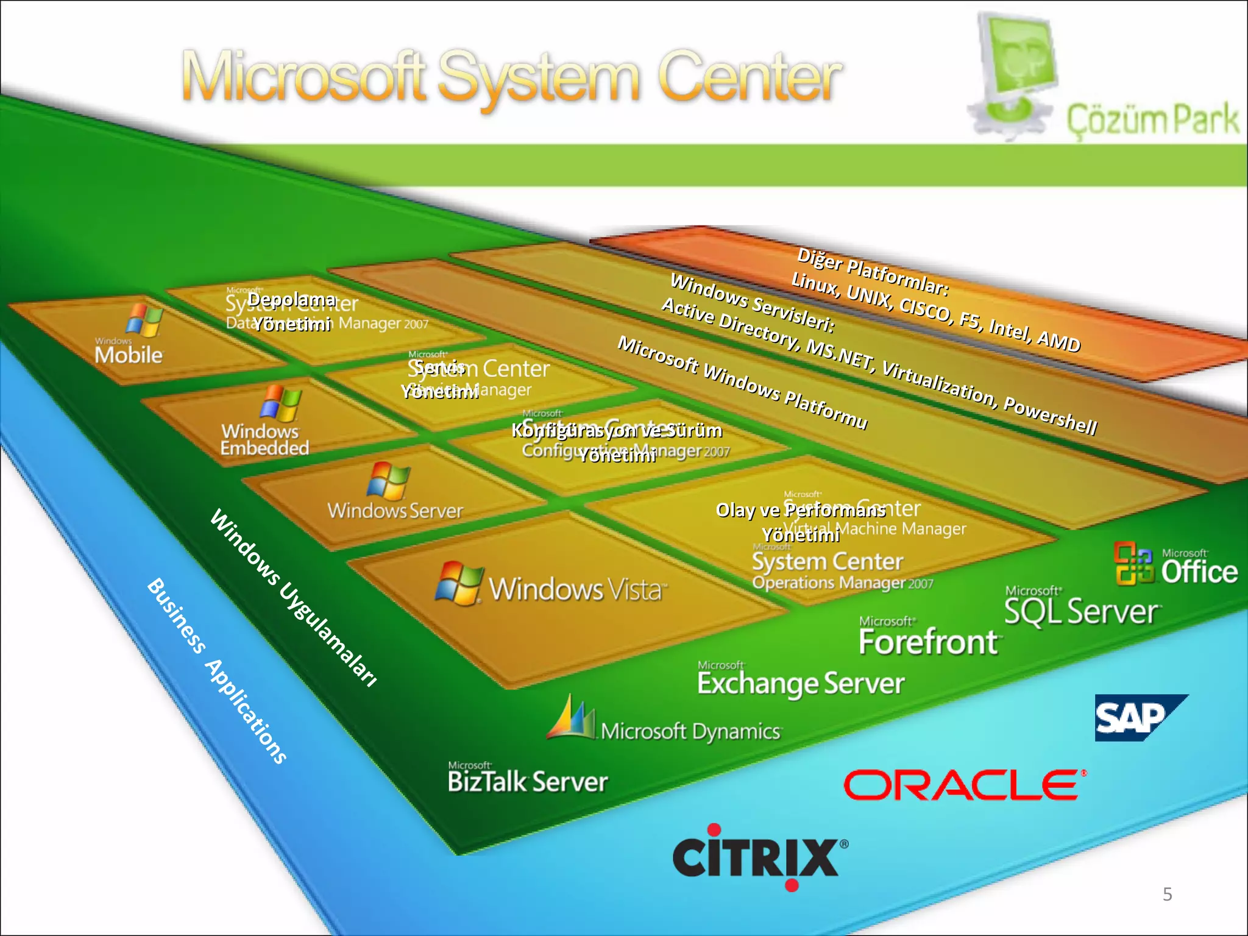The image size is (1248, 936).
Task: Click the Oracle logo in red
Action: coord(962,784)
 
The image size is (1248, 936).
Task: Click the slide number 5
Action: coord(1167,894)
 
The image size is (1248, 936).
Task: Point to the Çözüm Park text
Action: coord(1152,119)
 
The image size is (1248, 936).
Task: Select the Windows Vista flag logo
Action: coord(458,583)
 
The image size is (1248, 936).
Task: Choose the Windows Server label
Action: coord(395,510)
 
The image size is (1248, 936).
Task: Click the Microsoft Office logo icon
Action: coord(1133,564)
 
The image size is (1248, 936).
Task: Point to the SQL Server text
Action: coord(1082,611)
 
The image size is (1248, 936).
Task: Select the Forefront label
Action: coord(927,642)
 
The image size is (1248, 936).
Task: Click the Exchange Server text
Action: coord(801,683)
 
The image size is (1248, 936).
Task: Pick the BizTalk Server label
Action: coord(528,781)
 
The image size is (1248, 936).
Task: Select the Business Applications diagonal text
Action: coord(217,670)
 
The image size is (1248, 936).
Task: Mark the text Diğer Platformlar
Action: coord(873,271)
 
